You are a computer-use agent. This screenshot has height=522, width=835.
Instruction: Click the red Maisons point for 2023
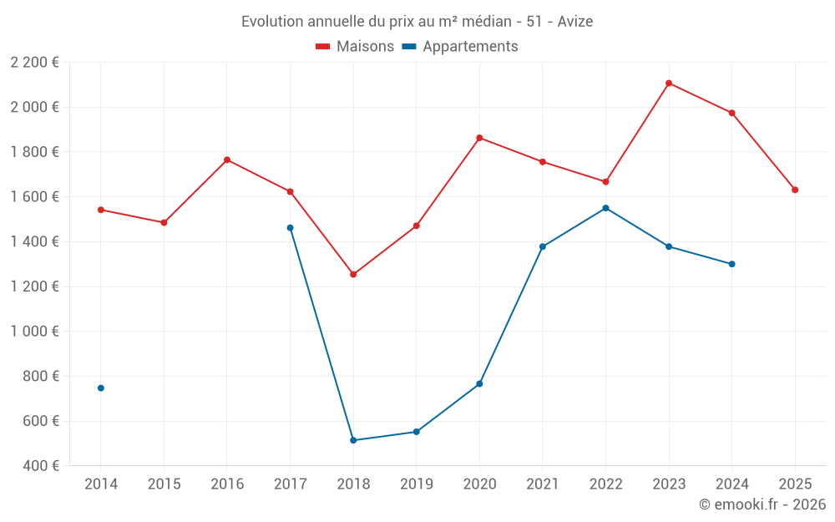tap(669, 84)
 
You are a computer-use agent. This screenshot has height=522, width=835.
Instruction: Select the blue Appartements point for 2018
tap(353, 440)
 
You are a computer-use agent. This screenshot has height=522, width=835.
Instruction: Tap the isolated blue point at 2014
tap(101, 388)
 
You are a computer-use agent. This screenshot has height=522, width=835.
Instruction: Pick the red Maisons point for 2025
tap(795, 190)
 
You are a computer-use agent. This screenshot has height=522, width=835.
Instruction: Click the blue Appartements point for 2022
tap(605, 208)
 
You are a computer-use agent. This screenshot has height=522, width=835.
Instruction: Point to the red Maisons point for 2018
tap(353, 274)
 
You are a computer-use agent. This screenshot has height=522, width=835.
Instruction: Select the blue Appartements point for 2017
tap(290, 228)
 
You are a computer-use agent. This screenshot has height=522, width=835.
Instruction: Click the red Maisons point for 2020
tap(479, 138)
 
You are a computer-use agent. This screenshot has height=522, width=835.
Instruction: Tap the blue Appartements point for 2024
tap(731, 264)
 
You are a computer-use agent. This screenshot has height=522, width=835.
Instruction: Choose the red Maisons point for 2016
tap(227, 160)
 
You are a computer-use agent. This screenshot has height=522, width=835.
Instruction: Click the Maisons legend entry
tap(355, 47)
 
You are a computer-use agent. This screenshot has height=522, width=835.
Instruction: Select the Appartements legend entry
tap(460, 47)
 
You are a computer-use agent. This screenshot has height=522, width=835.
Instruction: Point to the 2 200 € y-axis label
tap(34, 63)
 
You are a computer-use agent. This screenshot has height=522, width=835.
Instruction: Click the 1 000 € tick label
tap(34, 332)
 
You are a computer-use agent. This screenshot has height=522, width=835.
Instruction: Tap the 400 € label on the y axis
tap(40, 466)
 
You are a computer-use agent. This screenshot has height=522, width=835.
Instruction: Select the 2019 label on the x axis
tap(416, 484)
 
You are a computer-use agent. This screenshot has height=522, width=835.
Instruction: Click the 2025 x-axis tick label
tap(795, 484)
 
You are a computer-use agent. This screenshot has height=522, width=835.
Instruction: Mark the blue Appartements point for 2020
tap(479, 384)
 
